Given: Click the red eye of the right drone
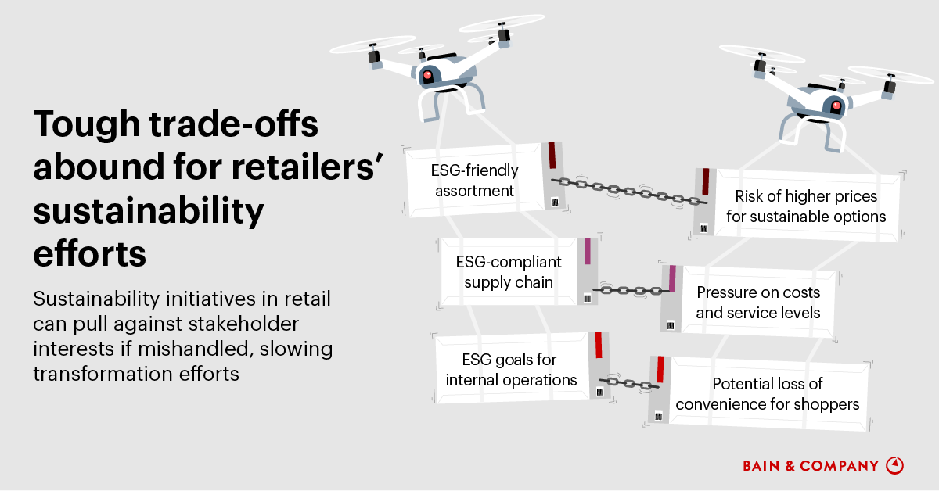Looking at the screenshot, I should (836, 106).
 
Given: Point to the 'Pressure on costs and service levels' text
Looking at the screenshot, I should (758, 303).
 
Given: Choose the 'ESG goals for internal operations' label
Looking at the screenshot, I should (511, 370).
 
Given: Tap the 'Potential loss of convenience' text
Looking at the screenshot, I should (768, 394).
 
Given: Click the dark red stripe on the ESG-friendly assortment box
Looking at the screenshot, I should (552, 155).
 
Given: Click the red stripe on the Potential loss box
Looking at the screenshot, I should (660, 370).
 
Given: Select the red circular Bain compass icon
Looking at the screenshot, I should (894, 465).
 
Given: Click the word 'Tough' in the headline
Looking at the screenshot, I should (84, 127).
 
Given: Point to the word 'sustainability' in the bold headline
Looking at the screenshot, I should (149, 212).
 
